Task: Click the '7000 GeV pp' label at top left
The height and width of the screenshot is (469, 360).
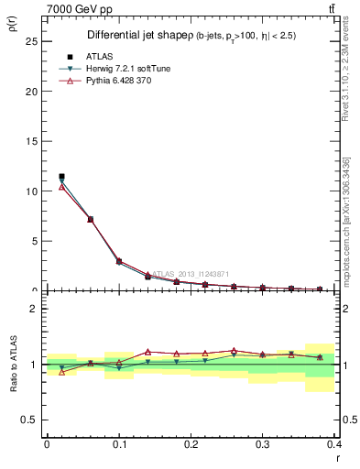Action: click(80, 8)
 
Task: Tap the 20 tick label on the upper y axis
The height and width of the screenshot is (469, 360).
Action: click(29, 92)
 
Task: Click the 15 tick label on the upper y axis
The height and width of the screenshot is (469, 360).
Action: click(29, 142)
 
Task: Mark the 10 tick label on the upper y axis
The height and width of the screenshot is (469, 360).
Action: click(29, 191)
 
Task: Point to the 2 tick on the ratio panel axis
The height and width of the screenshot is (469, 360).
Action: click(32, 309)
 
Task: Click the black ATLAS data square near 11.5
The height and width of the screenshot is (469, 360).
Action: click(61, 176)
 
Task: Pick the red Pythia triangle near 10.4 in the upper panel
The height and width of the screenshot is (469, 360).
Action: click(61, 187)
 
